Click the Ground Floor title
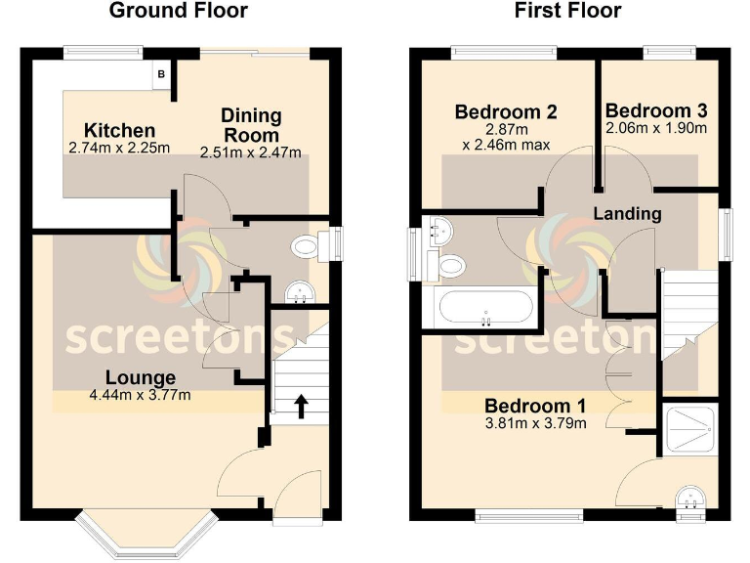pos(178,12)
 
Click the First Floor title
pos(567,12)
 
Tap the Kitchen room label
pos(118,130)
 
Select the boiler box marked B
pos(162,75)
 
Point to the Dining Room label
pos(250,125)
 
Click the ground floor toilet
pos(310,245)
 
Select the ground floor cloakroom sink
pos(297,292)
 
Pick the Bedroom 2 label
pos(505,112)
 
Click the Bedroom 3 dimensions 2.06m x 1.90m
pos(655,128)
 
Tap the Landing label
pos(627,213)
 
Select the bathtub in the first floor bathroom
pos(485,310)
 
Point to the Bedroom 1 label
pos(535,406)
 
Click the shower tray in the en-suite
pos(690,429)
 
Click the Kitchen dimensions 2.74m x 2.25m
pos(118,149)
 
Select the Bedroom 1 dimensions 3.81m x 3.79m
pos(535,423)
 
